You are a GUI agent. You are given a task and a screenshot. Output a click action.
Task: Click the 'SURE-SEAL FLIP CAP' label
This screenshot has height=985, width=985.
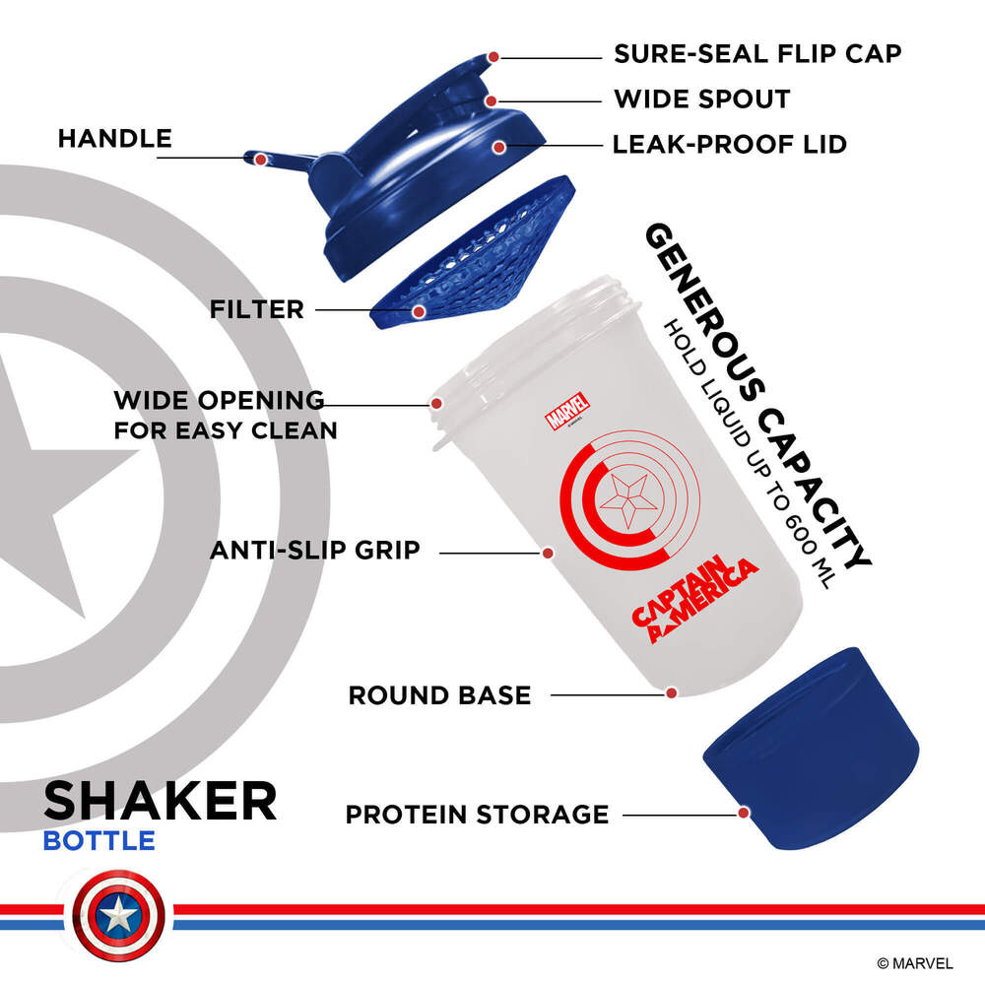(x=757, y=53)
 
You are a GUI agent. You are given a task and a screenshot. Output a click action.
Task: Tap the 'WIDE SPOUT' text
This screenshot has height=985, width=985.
(x=701, y=99)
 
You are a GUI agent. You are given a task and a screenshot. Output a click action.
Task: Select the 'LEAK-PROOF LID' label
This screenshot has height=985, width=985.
(x=729, y=145)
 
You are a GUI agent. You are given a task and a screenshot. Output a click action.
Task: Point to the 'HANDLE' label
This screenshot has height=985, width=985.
(x=114, y=138)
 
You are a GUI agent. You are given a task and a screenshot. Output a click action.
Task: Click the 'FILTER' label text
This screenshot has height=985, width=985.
(x=256, y=309)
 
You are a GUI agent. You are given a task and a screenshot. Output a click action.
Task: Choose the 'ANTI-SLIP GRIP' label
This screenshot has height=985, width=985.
(x=314, y=550)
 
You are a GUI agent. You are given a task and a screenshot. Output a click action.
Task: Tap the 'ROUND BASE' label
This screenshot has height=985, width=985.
(x=439, y=695)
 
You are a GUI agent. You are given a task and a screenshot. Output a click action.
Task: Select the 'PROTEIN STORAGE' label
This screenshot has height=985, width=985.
(x=477, y=815)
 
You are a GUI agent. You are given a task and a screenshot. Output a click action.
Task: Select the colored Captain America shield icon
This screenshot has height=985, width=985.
(x=119, y=917)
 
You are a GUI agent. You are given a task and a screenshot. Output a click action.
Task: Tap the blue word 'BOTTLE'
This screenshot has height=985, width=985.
(x=98, y=841)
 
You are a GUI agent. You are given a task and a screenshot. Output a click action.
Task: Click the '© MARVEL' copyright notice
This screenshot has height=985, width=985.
(x=915, y=962)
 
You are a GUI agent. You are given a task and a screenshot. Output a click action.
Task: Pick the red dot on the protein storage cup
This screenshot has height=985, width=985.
(x=743, y=813)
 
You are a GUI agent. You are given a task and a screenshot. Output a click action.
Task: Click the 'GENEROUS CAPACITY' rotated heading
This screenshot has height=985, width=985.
(x=758, y=394)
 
